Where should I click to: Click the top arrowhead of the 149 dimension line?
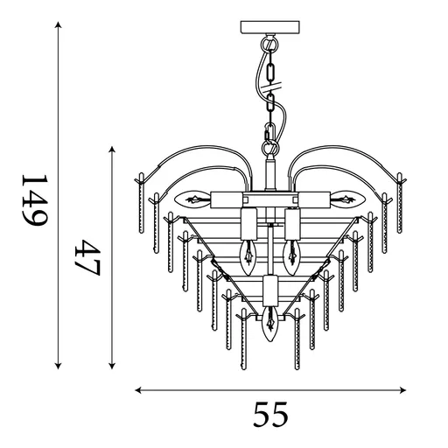click(x=58, y=26)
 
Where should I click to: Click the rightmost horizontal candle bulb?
click(x=346, y=199)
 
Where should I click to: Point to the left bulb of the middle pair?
click(x=248, y=253)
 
